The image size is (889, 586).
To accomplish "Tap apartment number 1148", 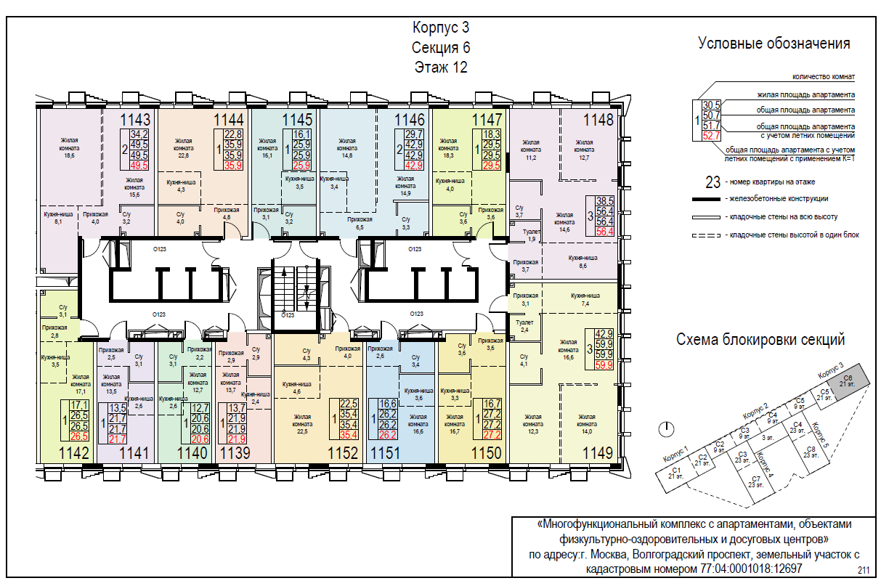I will pos(598,120).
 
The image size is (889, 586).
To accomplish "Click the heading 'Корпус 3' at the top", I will pos(441,29).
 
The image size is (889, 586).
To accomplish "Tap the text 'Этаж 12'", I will pos(441,68).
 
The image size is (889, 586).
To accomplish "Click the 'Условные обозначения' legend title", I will pos(774,44).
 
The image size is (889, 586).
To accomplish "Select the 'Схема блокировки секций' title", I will pos(760,339).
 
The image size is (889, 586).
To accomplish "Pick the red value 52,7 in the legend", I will pos(711,135).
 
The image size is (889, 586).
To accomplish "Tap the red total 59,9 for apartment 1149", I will pos(604,365).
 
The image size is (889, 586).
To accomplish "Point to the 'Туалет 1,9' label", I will pos(532,235).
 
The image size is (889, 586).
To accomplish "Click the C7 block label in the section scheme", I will pos(755,481).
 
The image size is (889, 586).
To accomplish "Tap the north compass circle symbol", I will pos(662,428).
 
